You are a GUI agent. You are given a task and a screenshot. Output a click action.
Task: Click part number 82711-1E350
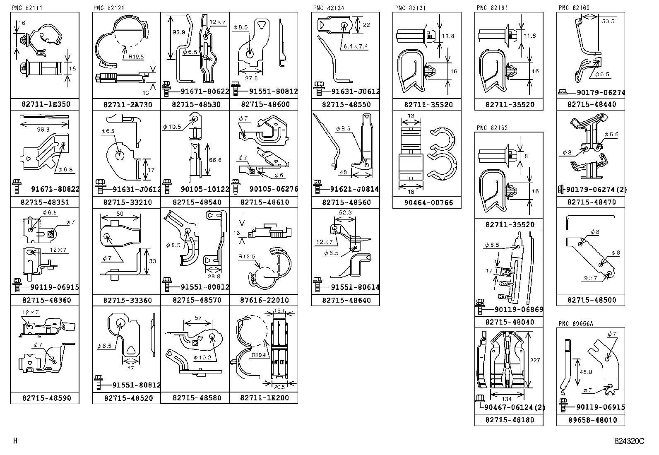click(46, 104)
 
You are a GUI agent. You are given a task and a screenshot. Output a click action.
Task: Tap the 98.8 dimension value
click(43, 129)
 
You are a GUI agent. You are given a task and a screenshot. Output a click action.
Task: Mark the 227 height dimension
click(534, 360)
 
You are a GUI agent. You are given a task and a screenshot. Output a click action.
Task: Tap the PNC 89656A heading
click(575, 323)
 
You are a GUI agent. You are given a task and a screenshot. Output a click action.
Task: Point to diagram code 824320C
click(629, 441)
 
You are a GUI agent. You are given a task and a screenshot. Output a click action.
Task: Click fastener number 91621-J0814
click(354, 190)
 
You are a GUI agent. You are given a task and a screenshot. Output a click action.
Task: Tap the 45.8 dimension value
click(585, 372)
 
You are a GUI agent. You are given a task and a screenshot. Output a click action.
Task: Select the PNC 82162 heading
click(492, 128)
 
